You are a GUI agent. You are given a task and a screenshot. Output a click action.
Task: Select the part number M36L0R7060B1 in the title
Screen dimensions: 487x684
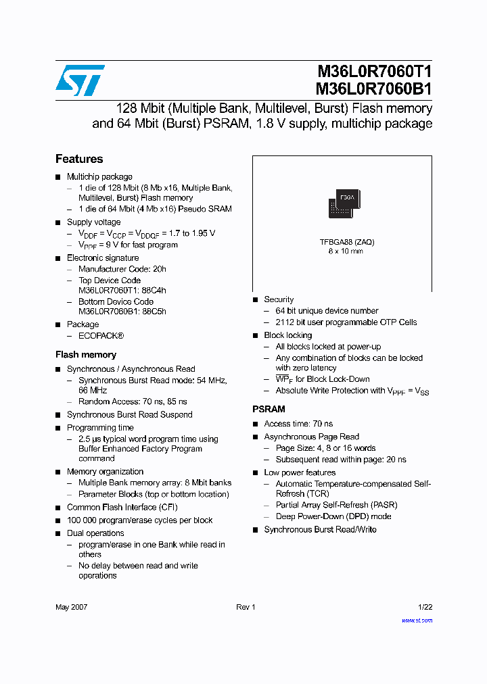pyautogui.click(x=374, y=89)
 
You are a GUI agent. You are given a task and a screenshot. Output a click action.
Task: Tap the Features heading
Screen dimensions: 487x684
pyautogui.click(x=79, y=159)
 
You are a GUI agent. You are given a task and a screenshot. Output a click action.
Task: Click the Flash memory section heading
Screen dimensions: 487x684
pyautogui.click(x=86, y=354)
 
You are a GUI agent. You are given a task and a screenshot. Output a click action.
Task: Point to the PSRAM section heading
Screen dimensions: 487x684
pyautogui.click(x=269, y=409)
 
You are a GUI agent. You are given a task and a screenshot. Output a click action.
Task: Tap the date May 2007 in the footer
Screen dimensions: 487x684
pyautogui.click(x=71, y=607)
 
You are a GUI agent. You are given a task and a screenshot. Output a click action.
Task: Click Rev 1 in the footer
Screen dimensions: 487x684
pyautogui.click(x=246, y=607)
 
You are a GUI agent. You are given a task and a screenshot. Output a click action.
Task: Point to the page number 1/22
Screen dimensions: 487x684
pyautogui.click(x=425, y=607)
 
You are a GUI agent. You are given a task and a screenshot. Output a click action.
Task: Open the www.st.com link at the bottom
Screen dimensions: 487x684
pyautogui.click(x=417, y=620)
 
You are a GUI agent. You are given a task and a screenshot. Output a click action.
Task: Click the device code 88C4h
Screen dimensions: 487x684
pyautogui.click(x=154, y=291)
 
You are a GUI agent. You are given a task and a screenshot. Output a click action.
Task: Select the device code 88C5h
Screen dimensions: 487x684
pyautogui.click(x=154, y=312)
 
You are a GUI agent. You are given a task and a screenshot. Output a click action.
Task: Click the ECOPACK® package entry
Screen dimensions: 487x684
pyautogui.click(x=101, y=336)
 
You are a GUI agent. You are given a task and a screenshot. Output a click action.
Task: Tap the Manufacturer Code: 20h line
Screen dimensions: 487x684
pyautogui.click(x=122, y=269)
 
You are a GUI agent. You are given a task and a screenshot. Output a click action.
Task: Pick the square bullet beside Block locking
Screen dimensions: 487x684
pyautogui.click(x=256, y=335)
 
